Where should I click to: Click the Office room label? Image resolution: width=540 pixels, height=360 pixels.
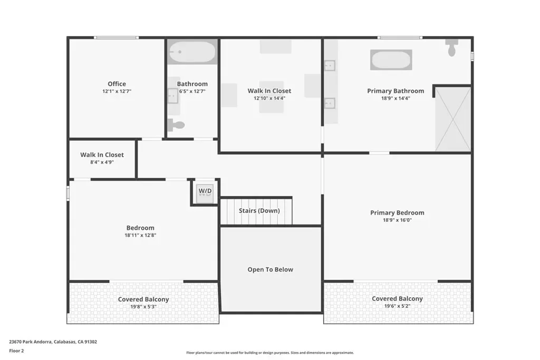pyautogui.click(x=117, y=84)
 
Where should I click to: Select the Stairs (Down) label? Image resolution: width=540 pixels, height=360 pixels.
pyautogui.click(x=259, y=211)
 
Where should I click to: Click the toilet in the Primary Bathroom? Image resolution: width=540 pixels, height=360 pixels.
pyautogui.click(x=452, y=47)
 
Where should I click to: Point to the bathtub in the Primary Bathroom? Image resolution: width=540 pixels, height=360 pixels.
pyautogui.click(x=391, y=60)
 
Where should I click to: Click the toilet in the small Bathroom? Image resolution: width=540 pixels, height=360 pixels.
pyautogui.click(x=176, y=125)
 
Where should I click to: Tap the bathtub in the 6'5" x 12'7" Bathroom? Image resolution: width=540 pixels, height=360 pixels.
pyautogui.click(x=192, y=52)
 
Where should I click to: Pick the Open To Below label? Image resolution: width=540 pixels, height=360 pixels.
pyautogui.click(x=271, y=269)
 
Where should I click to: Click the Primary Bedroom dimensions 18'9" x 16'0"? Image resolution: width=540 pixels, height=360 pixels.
pyautogui.click(x=397, y=220)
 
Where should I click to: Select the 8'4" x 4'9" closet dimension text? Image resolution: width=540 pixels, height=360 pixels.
pyautogui.click(x=102, y=162)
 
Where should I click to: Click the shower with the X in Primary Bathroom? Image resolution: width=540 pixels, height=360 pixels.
pyautogui.click(x=453, y=119)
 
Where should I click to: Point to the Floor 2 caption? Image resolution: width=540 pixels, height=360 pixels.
pyautogui.click(x=16, y=351)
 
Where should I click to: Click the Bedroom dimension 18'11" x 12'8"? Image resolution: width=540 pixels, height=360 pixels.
pyautogui.click(x=140, y=236)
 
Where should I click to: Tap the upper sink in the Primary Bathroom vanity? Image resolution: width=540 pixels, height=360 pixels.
pyautogui.click(x=330, y=65)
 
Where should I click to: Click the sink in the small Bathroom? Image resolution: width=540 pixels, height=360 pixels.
pyautogui.click(x=173, y=96)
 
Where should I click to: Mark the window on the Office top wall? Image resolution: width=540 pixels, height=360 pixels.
pyautogui.click(x=116, y=37)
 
